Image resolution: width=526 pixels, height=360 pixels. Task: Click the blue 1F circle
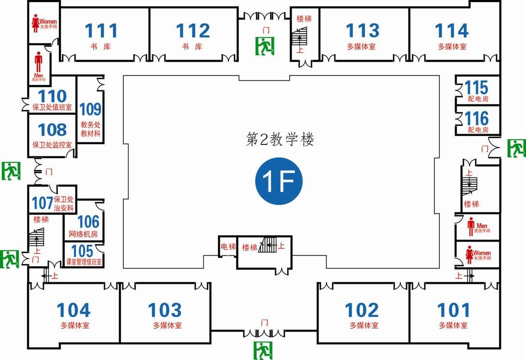point(279,181)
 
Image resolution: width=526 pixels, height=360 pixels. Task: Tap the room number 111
point(101,31)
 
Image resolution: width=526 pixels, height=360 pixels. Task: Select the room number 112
point(192,31)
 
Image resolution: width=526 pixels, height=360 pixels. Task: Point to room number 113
point(362,31)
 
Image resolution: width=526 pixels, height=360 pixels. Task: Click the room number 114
point(452,31)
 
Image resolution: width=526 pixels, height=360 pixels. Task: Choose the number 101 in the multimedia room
point(453,310)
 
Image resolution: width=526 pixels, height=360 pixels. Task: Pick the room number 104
point(74,310)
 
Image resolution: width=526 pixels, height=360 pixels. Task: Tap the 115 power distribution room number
point(476,88)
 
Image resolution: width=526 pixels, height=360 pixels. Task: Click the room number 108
point(52,130)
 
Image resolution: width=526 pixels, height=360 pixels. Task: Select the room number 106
point(88,222)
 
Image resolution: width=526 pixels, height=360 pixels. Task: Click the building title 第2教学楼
point(280,140)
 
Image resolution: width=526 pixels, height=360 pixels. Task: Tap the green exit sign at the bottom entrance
point(263,350)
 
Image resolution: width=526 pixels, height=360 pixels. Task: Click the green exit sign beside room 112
point(264,46)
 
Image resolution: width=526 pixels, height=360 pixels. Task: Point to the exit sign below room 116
point(516,148)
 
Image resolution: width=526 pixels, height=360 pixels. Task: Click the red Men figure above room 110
point(38,63)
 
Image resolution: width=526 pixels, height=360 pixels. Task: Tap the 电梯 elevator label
point(228,247)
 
